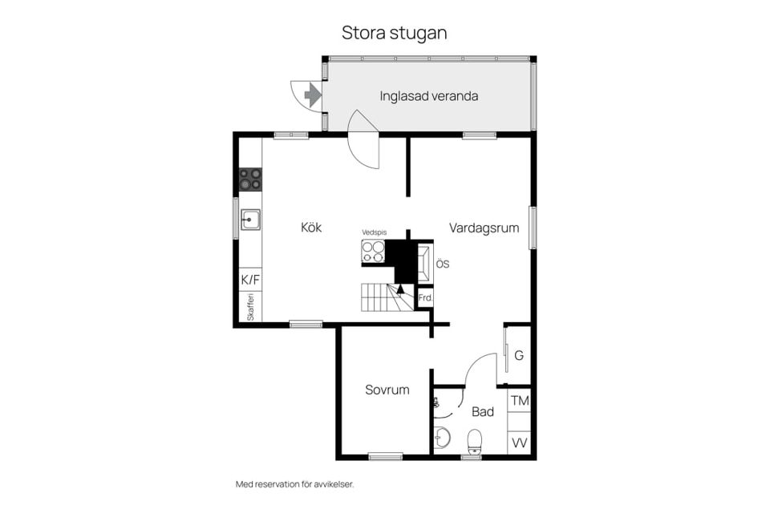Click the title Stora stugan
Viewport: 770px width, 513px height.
pos(395,33)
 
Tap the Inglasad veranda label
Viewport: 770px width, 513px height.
pos(428,96)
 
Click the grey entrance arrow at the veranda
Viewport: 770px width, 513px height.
pos(312,95)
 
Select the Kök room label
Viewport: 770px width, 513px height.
pos(311,228)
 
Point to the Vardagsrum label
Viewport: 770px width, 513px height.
pos(484,228)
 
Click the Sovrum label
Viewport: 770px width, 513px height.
pos(387,390)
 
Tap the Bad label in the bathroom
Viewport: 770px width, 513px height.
pos(483,412)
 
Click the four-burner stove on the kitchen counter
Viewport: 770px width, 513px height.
pos(250,180)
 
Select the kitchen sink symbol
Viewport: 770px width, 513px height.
pos(250,220)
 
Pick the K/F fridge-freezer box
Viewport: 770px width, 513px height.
pos(250,280)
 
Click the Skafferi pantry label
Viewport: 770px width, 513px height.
pos(250,307)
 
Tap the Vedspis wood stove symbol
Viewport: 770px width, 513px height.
pos(373,252)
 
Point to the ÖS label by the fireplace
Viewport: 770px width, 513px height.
pos(443,264)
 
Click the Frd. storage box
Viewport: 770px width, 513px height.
pos(425,298)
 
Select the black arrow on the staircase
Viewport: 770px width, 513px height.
pos(400,289)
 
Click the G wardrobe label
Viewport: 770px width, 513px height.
pos(519,355)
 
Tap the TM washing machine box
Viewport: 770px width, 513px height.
pos(519,401)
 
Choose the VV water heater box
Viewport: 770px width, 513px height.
pos(519,442)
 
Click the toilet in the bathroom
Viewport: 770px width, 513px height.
pos(474,442)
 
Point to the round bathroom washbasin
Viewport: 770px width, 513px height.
pos(442,437)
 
